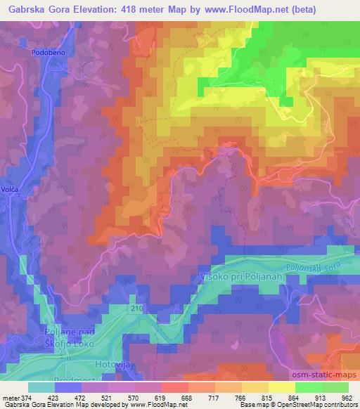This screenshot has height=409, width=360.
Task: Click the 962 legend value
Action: [347, 397]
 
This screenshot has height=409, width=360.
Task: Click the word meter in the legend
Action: [11, 397]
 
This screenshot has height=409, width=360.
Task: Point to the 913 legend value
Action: [319, 397]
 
